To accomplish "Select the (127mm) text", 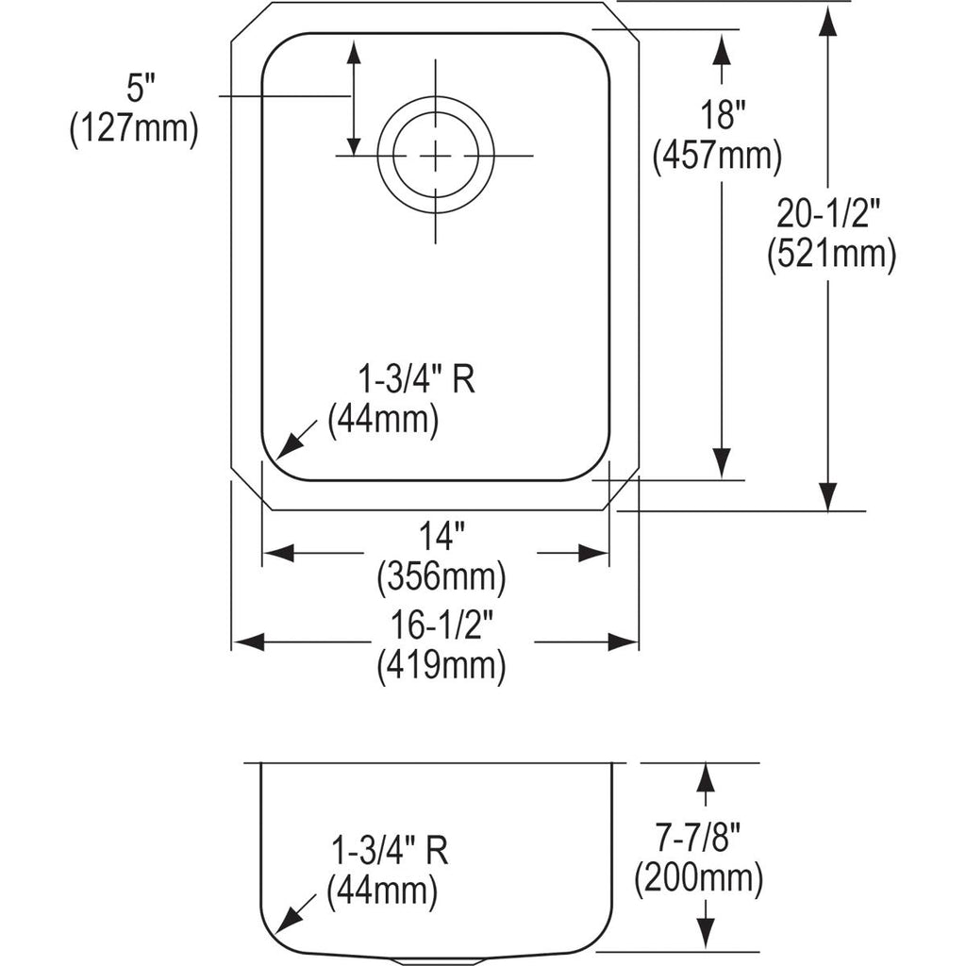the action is click(134, 128).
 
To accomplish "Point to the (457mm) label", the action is click(717, 156).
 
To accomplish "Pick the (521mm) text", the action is click(831, 254).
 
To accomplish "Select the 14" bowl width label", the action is click(442, 536).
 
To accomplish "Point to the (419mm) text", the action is click(441, 665).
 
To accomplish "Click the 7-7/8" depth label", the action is click(697, 839).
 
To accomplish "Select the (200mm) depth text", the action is click(699, 878).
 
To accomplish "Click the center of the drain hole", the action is click(436, 156).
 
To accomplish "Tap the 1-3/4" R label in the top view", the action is click(417, 379).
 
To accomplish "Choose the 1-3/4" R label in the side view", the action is click(390, 850).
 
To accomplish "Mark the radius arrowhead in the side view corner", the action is click(287, 923).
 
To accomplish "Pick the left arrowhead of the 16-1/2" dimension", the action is click(249, 641).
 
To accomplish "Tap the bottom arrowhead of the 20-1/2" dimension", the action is click(828, 496).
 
